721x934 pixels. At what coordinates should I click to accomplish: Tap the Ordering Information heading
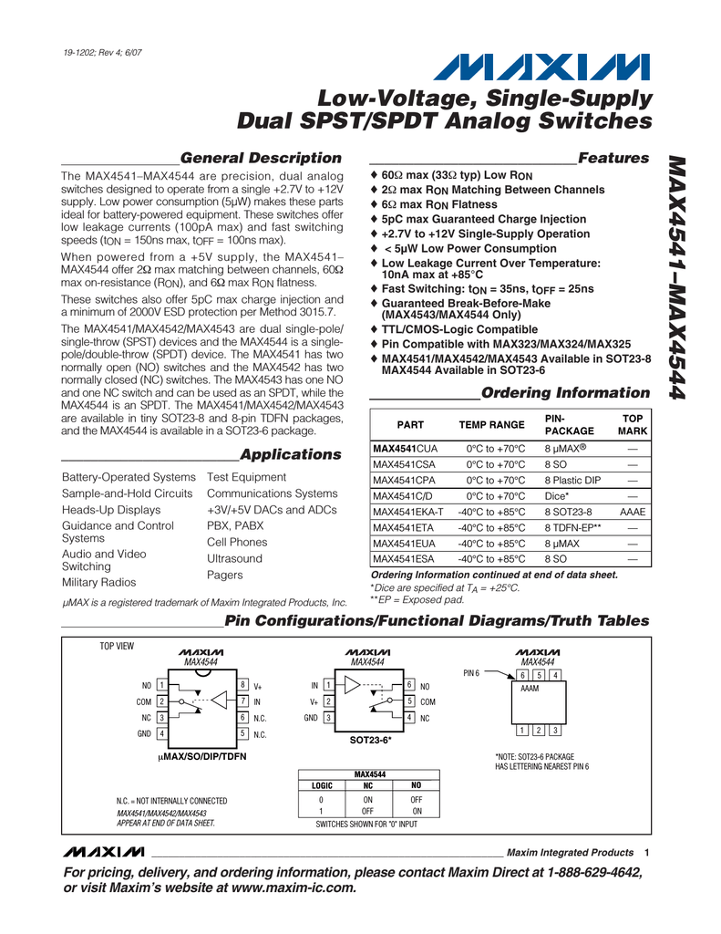point(565,393)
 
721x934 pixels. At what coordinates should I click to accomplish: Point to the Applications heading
point(290,454)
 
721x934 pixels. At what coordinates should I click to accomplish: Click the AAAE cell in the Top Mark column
point(632,513)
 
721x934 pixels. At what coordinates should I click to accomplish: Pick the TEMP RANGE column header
point(491,425)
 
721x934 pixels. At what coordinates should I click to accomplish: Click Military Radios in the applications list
point(100,582)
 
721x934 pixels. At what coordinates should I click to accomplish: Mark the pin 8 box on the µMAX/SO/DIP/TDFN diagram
point(242,685)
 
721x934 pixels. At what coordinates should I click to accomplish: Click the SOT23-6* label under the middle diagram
point(370,740)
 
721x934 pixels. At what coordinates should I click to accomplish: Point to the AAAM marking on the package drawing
point(530,690)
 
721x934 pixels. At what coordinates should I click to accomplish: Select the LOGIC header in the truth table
point(322,785)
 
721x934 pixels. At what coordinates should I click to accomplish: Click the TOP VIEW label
point(116,647)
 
